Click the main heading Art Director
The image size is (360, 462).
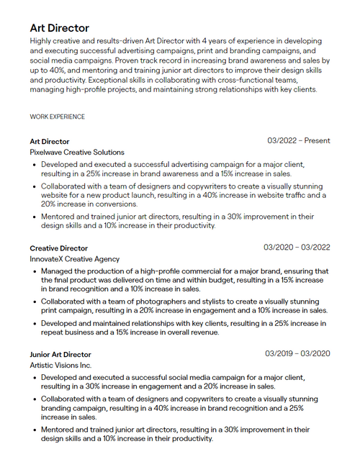click(x=60, y=28)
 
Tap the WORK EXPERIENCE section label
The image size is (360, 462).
click(x=57, y=117)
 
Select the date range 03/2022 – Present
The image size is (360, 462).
click(x=298, y=141)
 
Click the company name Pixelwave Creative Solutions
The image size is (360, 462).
click(x=77, y=153)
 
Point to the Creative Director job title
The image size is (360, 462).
click(x=58, y=248)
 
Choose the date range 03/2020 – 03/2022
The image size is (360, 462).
click(x=297, y=248)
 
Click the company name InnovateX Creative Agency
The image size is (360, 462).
click(x=75, y=259)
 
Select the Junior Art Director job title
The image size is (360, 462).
click(x=60, y=355)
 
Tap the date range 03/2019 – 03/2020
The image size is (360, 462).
click(x=297, y=354)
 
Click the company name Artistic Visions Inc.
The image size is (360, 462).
click(x=60, y=366)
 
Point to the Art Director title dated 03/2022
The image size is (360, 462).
click(x=50, y=142)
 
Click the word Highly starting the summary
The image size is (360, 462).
click(x=42, y=42)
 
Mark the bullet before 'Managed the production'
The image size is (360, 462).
click(x=35, y=271)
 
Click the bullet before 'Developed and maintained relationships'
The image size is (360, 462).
click(x=35, y=325)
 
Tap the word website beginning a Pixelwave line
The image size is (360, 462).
click(x=55, y=195)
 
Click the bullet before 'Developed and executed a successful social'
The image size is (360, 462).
click(x=35, y=378)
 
